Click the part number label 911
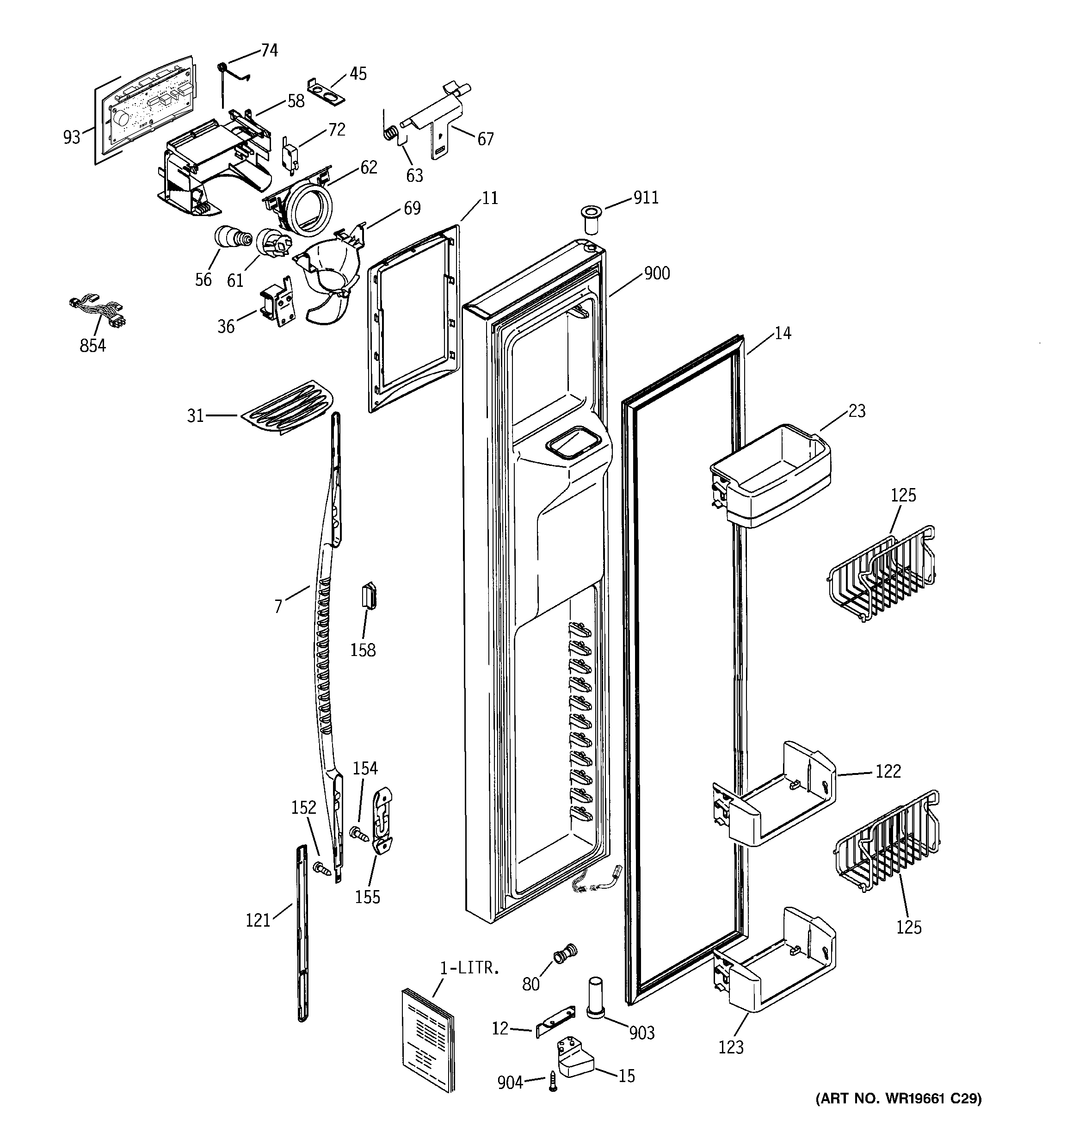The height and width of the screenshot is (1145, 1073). point(646,198)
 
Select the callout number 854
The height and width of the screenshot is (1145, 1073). point(92,345)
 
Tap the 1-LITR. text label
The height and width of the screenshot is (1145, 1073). point(469,968)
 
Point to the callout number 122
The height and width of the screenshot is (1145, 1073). point(888,771)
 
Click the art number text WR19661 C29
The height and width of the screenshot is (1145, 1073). point(899,1114)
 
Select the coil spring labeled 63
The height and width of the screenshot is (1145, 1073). point(391,134)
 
